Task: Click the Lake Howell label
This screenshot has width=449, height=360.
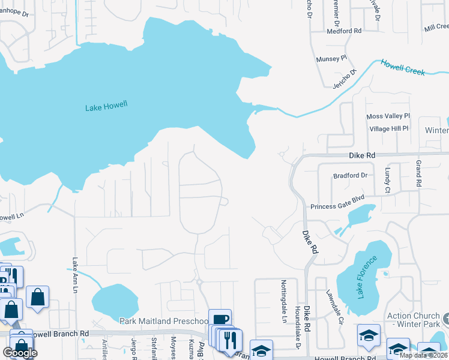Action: click(x=106, y=107)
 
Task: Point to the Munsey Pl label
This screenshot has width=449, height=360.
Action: click(x=332, y=59)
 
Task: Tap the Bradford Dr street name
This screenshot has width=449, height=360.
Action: click(x=350, y=176)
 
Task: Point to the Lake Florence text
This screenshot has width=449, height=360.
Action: click(x=367, y=277)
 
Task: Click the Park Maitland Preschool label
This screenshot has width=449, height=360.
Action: click(x=163, y=321)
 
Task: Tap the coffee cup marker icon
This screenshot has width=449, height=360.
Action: click(x=220, y=320)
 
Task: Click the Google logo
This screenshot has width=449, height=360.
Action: click(x=20, y=353)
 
